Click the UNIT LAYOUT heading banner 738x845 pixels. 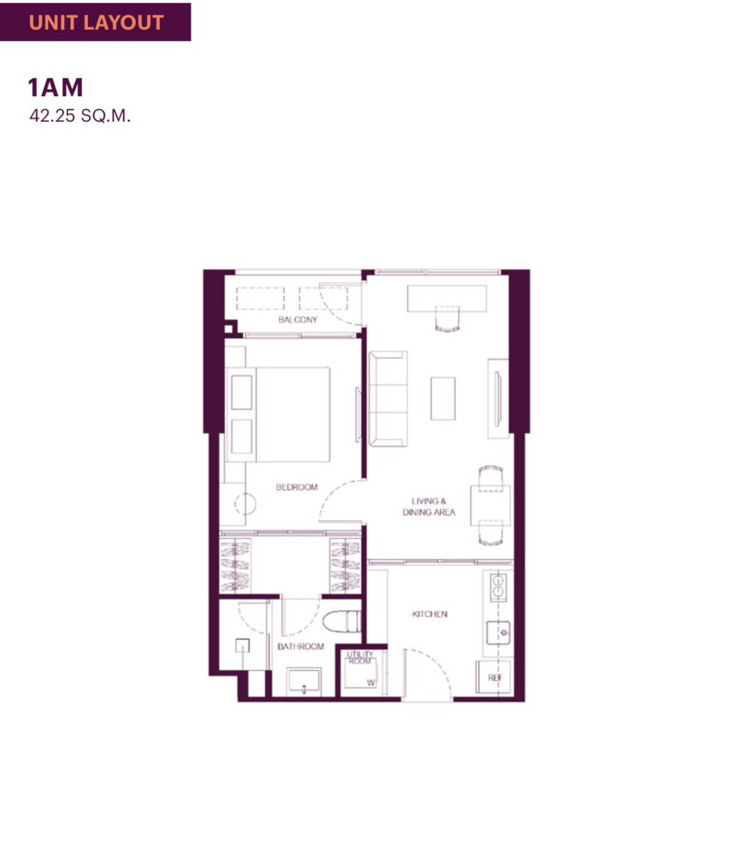(x=95, y=22)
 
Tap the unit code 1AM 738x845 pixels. (x=56, y=87)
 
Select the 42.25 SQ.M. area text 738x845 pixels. (x=80, y=116)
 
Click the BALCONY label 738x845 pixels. (x=298, y=319)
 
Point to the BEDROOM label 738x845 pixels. (x=297, y=487)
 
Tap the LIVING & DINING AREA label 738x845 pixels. (x=429, y=507)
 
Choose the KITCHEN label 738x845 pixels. (x=430, y=614)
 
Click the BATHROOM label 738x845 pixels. (x=301, y=646)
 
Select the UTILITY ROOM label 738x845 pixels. (x=360, y=657)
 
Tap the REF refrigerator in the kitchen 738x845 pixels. (x=494, y=678)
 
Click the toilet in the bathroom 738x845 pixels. (x=341, y=622)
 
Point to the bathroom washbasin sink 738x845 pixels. (x=304, y=680)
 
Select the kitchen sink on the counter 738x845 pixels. (x=498, y=633)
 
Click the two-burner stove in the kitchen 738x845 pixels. (x=498, y=587)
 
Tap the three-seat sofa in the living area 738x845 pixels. (x=388, y=399)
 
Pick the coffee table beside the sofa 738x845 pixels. (x=443, y=399)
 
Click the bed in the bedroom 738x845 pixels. (x=278, y=414)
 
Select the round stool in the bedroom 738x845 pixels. (x=245, y=504)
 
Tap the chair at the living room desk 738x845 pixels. (x=448, y=319)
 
